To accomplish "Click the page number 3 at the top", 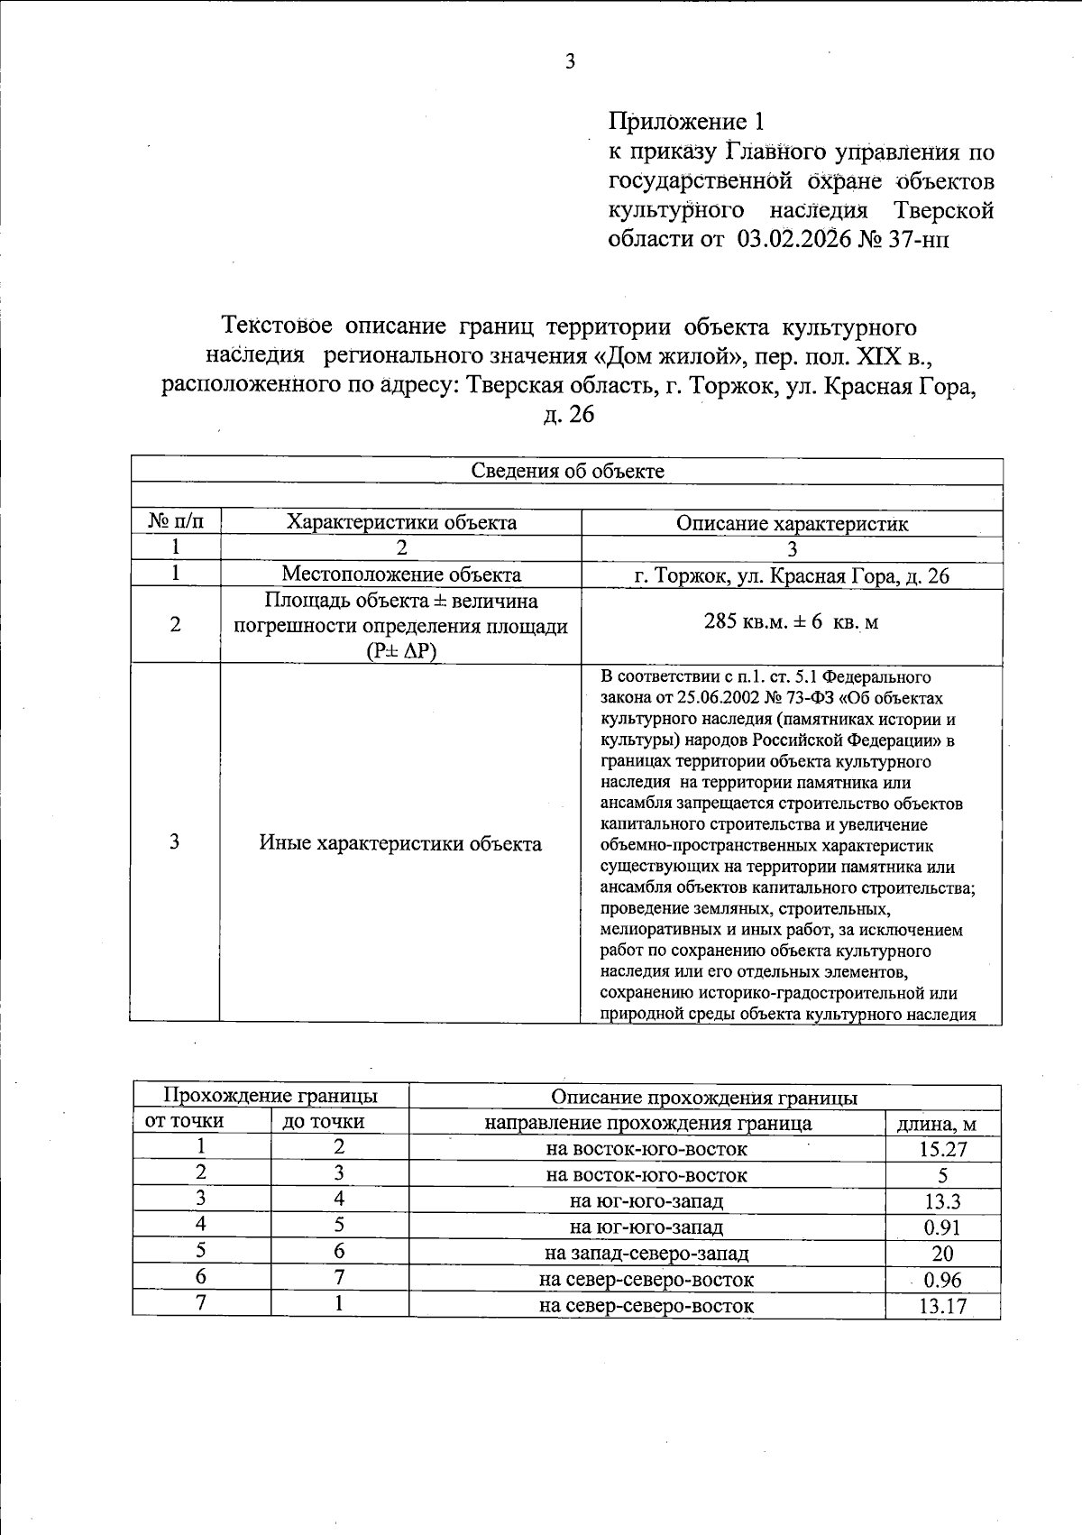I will point(569,61).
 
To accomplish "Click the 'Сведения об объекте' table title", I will point(568,471).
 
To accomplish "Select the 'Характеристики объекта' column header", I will point(401,522).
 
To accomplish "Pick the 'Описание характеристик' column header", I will point(792,523).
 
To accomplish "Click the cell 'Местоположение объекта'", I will point(401,574).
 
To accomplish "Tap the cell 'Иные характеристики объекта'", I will point(401,843).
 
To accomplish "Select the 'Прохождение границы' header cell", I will point(270,1096).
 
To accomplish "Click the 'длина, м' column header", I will point(942,1124).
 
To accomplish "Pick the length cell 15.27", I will point(942,1149).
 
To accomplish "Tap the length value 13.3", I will point(942,1201).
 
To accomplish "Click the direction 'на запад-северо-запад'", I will point(646,1253).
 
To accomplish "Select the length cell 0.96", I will point(942,1280).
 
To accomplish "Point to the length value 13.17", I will point(942,1305).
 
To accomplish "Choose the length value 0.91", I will point(942,1227).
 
